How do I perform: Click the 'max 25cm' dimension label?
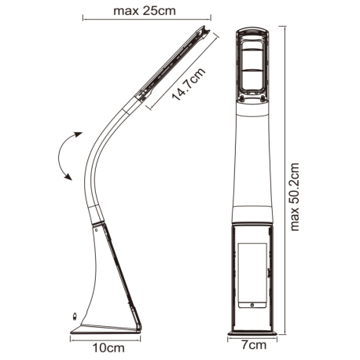tap(145, 11)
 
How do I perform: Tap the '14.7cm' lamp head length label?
tap(189, 85)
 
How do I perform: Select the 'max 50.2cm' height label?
tap(295, 197)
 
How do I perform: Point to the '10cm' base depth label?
tap(108, 348)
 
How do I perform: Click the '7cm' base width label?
tap(253, 345)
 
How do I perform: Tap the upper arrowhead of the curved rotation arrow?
tap(78, 134)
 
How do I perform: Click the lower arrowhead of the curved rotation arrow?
tap(68, 177)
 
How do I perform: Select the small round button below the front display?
tap(252, 305)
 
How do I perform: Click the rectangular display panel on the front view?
tap(252, 275)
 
